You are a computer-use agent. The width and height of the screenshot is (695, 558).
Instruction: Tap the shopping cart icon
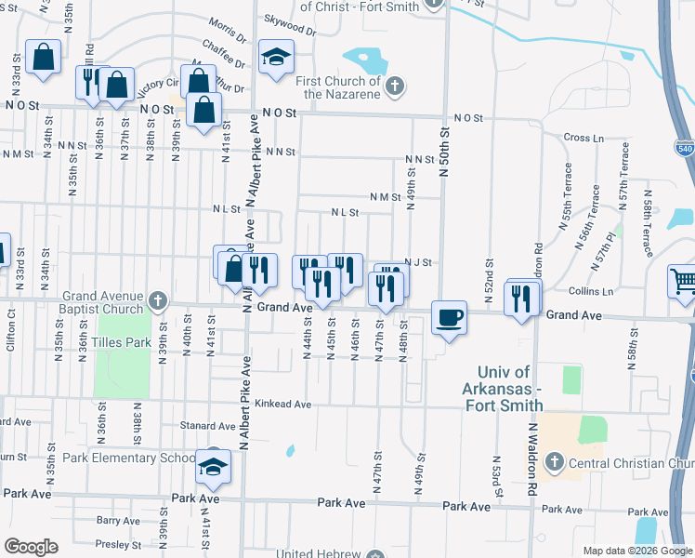(683, 279)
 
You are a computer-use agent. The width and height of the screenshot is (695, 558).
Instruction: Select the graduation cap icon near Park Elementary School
(214, 465)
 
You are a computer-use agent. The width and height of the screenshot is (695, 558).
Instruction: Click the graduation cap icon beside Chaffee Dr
(276, 57)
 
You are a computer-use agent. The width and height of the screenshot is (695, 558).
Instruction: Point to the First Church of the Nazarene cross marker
(395, 87)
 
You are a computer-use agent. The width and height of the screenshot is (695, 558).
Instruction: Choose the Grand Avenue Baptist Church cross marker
(157, 300)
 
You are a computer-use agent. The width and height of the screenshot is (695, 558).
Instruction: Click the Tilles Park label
(125, 342)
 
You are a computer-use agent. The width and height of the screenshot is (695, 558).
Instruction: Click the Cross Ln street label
(583, 138)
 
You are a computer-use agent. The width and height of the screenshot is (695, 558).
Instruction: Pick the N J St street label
(419, 262)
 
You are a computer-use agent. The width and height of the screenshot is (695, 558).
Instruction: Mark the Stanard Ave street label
(205, 425)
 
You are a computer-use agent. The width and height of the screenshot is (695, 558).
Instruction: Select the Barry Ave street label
(118, 521)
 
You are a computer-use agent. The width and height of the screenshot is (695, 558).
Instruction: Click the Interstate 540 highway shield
(685, 149)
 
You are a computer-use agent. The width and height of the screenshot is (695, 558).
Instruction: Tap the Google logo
(32, 546)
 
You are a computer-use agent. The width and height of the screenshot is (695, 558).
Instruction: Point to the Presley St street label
(118, 544)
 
